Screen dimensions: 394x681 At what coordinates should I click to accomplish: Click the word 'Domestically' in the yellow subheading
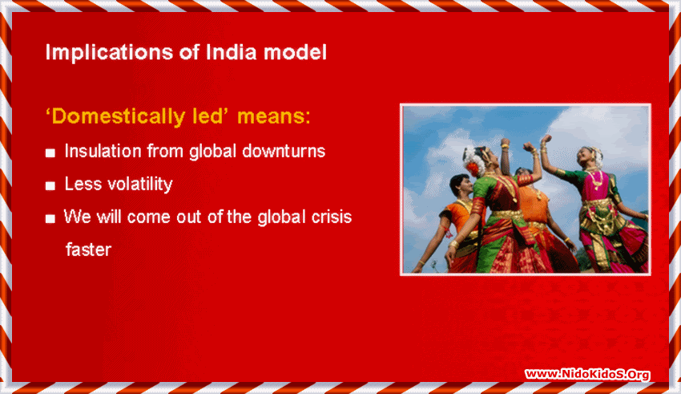[x=115, y=116]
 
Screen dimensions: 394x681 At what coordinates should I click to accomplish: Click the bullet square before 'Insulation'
[x=50, y=152]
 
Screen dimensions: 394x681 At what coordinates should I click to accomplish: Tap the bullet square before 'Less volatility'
[x=50, y=185]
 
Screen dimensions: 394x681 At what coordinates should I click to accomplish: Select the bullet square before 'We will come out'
[x=50, y=218]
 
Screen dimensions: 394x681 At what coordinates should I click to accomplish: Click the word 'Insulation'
[x=101, y=151]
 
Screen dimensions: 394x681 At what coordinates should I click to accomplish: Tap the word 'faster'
[x=87, y=249]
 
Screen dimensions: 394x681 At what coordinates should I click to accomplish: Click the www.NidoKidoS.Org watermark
[x=587, y=374]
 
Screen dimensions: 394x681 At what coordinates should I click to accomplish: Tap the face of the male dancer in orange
[x=461, y=186]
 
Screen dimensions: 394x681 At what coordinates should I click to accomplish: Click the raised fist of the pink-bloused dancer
[x=545, y=140]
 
